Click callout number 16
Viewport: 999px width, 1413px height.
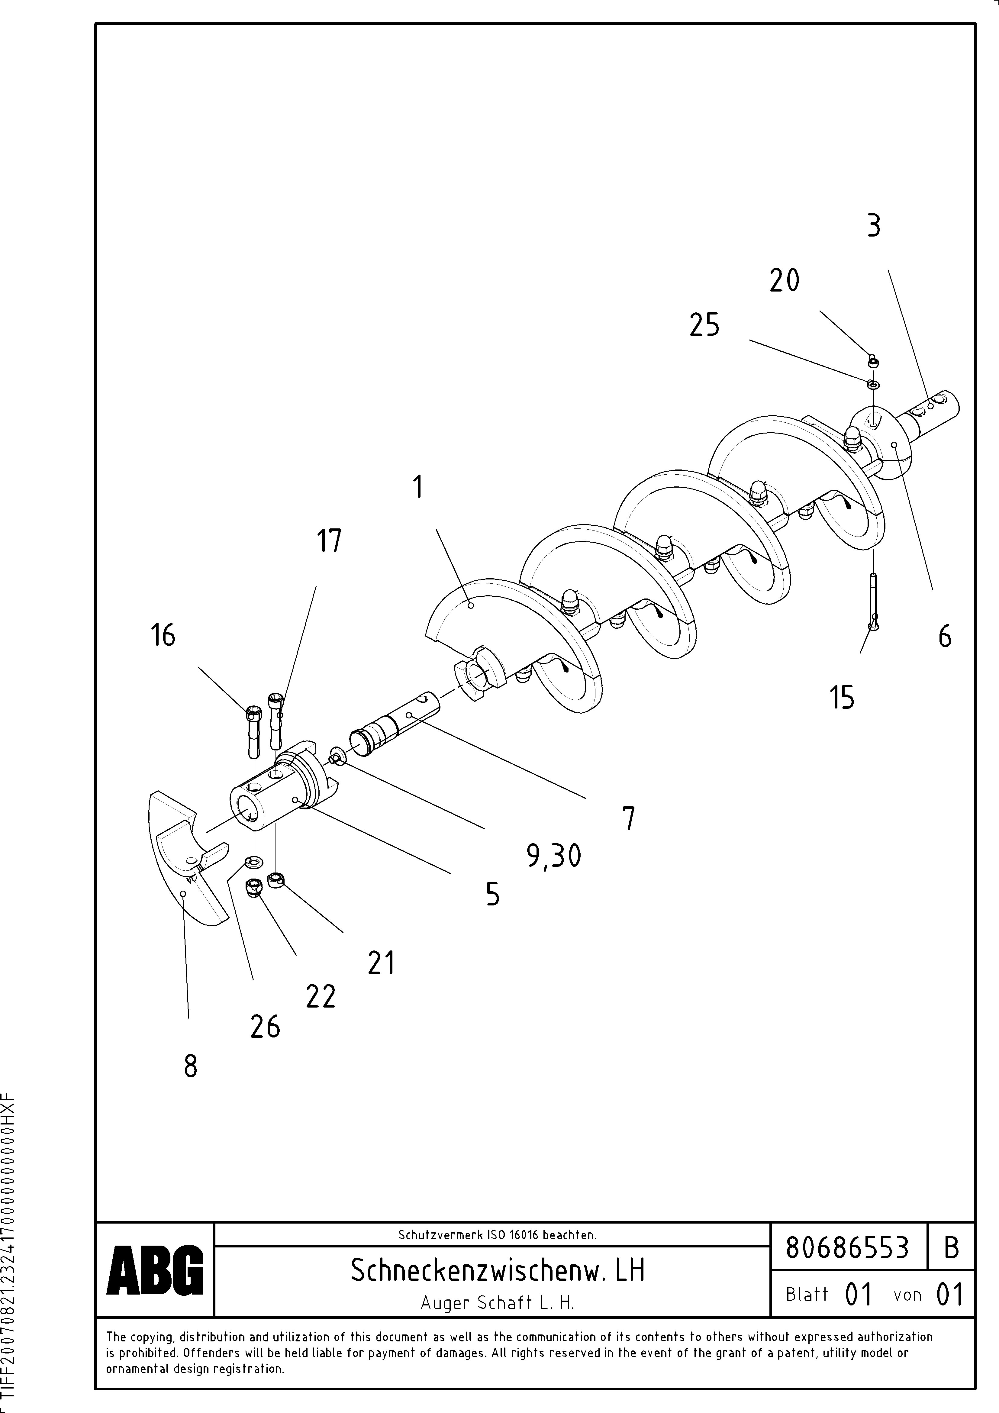[163, 635]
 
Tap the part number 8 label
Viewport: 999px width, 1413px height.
[191, 1066]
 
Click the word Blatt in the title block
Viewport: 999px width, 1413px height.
[807, 1294]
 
